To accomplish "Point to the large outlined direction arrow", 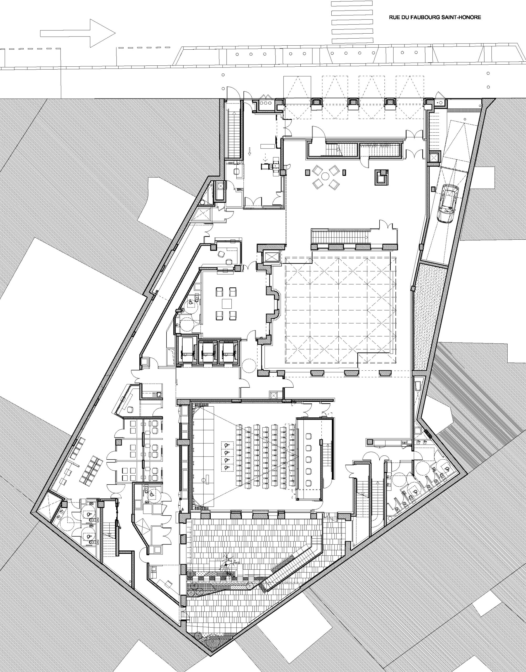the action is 78,33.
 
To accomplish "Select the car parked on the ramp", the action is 447,203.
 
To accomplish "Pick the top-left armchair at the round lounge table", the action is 317,169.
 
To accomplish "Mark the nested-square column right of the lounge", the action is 381,177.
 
